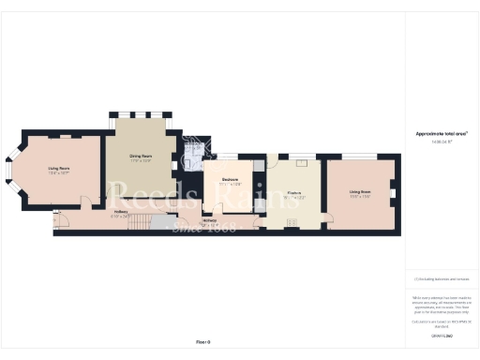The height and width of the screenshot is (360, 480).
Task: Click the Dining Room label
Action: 141,156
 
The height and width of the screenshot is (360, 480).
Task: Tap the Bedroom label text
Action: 229,179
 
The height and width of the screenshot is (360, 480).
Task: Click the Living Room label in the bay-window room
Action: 59,169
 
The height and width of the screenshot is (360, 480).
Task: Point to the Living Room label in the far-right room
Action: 359,192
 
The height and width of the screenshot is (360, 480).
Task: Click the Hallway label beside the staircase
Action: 120,212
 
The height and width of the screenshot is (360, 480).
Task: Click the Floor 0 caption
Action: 203,341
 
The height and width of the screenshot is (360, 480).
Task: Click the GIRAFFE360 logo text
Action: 441,334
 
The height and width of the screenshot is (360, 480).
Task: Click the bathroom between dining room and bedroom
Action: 192,150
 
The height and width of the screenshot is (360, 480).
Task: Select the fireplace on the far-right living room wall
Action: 394,194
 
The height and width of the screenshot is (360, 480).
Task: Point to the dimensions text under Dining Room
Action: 141,161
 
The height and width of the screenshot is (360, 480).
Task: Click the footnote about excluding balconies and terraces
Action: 441,278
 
